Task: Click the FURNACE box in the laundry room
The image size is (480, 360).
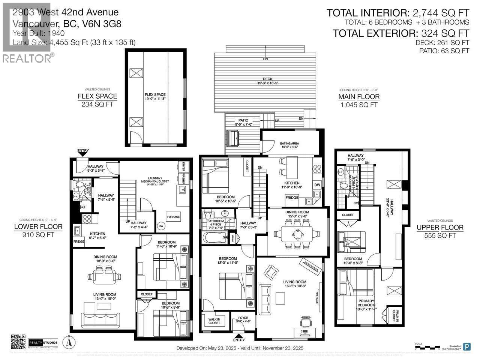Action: (x=174, y=217)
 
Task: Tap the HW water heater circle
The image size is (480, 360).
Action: (x=161, y=226)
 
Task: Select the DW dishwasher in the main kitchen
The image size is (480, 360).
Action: (x=317, y=184)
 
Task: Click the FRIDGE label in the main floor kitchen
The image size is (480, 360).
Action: (x=292, y=198)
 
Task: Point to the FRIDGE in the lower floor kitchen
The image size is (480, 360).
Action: (x=78, y=241)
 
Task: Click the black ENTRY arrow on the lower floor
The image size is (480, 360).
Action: (x=83, y=153)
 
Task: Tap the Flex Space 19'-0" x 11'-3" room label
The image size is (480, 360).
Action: (x=155, y=97)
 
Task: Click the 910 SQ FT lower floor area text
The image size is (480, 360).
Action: (x=38, y=235)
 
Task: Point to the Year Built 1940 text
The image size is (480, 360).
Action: (x=34, y=33)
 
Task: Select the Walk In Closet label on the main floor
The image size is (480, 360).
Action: (x=214, y=321)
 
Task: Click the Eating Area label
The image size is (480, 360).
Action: (x=289, y=145)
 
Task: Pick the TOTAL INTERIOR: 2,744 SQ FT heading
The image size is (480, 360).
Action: (x=398, y=12)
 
